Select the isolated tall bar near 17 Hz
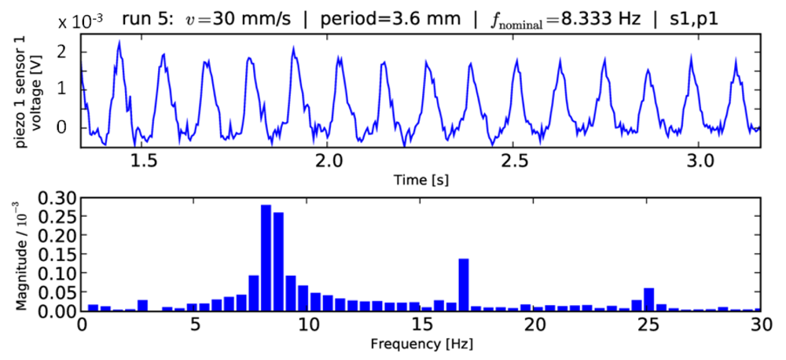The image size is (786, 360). coord(463,285)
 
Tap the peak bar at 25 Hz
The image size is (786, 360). coord(648,299)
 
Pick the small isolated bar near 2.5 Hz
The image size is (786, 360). coord(142,305)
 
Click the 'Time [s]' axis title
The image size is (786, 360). coord(421,179)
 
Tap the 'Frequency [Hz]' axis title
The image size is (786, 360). coord(421,343)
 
